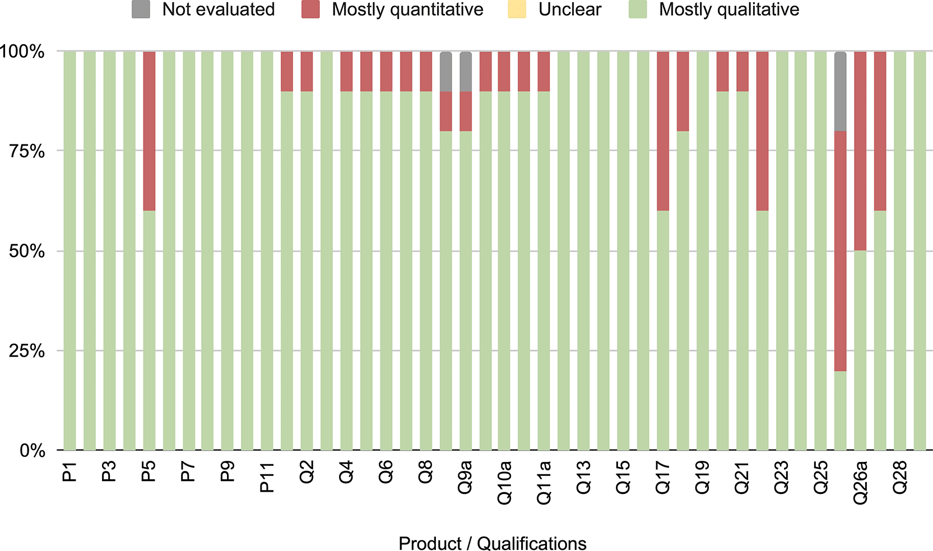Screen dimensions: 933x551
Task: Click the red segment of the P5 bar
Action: click(x=149, y=131)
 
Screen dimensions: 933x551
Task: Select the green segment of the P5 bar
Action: click(x=149, y=330)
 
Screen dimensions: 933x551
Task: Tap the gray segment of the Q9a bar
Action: click(x=466, y=72)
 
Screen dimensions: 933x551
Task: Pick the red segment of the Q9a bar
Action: click(x=466, y=111)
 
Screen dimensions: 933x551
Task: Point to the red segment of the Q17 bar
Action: click(x=663, y=131)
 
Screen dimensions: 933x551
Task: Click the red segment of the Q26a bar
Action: click(x=860, y=151)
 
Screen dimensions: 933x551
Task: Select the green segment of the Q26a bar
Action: click(x=860, y=351)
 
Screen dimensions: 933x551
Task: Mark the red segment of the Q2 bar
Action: click(x=307, y=72)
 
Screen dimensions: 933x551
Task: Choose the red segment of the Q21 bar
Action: click(x=742, y=72)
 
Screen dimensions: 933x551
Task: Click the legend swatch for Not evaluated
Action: click(x=141, y=9)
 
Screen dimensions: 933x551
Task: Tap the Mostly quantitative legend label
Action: click(x=407, y=10)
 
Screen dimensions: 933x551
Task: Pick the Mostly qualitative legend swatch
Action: click(x=638, y=9)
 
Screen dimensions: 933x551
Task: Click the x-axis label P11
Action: click(x=267, y=477)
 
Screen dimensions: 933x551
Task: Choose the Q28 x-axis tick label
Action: click(x=900, y=477)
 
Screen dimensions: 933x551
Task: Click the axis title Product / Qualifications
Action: click(x=493, y=543)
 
